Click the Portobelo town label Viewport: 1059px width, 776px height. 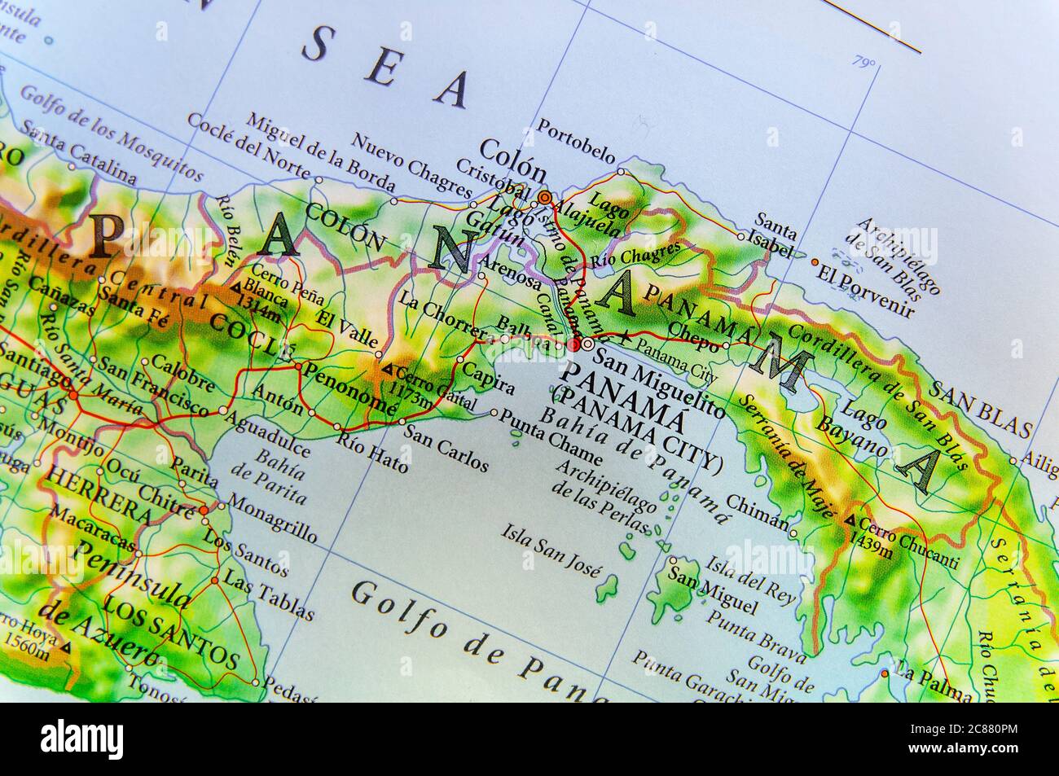[x=576, y=139]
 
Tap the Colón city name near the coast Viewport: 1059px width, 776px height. [x=512, y=160]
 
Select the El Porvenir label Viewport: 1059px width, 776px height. [x=869, y=290]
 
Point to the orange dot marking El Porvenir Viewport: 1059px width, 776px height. [x=815, y=262]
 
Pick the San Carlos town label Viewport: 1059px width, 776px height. [x=446, y=448]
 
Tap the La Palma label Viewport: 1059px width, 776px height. [x=932, y=682]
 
